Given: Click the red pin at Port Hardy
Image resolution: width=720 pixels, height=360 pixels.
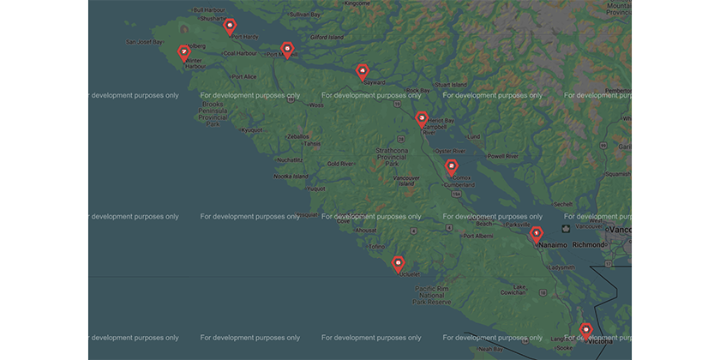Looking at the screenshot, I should tap(230, 27).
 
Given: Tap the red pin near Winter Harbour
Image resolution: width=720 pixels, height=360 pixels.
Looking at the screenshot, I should tap(183, 52).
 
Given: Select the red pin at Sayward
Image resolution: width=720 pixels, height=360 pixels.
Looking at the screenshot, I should tap(363, 71).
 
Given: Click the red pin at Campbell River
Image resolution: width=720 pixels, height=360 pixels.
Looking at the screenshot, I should tap(422, 118).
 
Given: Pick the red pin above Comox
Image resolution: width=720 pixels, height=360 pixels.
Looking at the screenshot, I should tap(452, 166).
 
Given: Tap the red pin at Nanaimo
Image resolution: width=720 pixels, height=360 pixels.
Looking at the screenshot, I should tap(537, 233).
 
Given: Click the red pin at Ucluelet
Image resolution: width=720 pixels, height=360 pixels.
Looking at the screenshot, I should tap(398, 262).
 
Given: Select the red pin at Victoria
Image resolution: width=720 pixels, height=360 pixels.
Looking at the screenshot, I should tap(586, 329).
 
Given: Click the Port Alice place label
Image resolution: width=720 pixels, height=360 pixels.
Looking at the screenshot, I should tap(243, 76).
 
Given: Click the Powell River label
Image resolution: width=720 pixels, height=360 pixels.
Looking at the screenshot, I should tap(502, 156).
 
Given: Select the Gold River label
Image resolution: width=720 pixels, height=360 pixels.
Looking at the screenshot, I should tap(340, 163).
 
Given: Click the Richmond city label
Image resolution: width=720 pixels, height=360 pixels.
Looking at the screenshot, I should tap(588, 244).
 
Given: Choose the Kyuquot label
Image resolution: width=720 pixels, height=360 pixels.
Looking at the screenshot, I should tap(252, 130).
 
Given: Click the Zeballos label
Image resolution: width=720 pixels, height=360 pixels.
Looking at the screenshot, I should tap(297, 136).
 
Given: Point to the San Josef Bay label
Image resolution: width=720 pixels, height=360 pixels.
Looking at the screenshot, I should tap(144, 41).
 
